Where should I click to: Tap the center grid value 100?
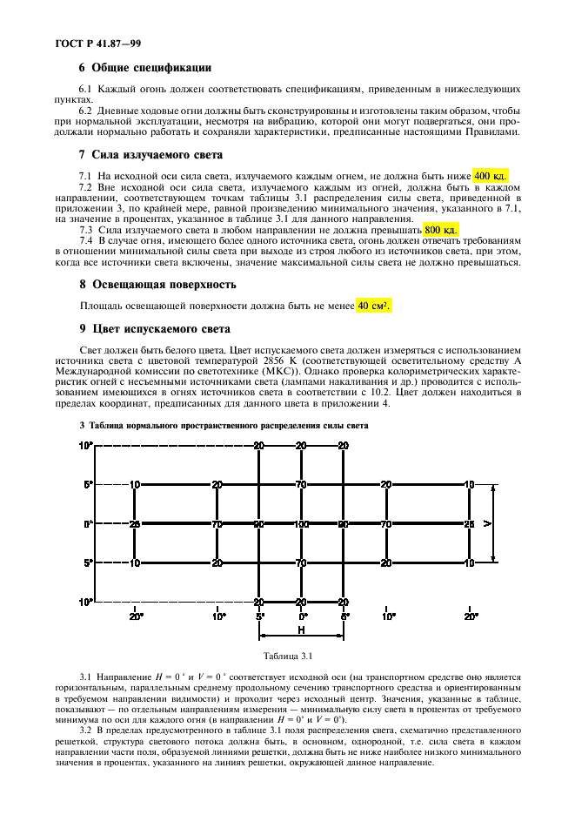(x=301, y=524)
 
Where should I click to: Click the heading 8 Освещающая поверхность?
(x=158, y=284)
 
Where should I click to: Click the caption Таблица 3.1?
(x=294, y=655)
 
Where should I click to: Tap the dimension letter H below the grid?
(x=301, y=630)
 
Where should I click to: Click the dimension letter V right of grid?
(x=487, y=523)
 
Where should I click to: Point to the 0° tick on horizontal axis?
(x=301, y=616)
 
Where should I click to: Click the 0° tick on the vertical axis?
(x=88, y=524)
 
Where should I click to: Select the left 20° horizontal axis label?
(x=137, y=616)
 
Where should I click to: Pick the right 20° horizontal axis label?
(x=471, y=616)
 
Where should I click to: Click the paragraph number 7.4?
(x=85, y=240)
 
